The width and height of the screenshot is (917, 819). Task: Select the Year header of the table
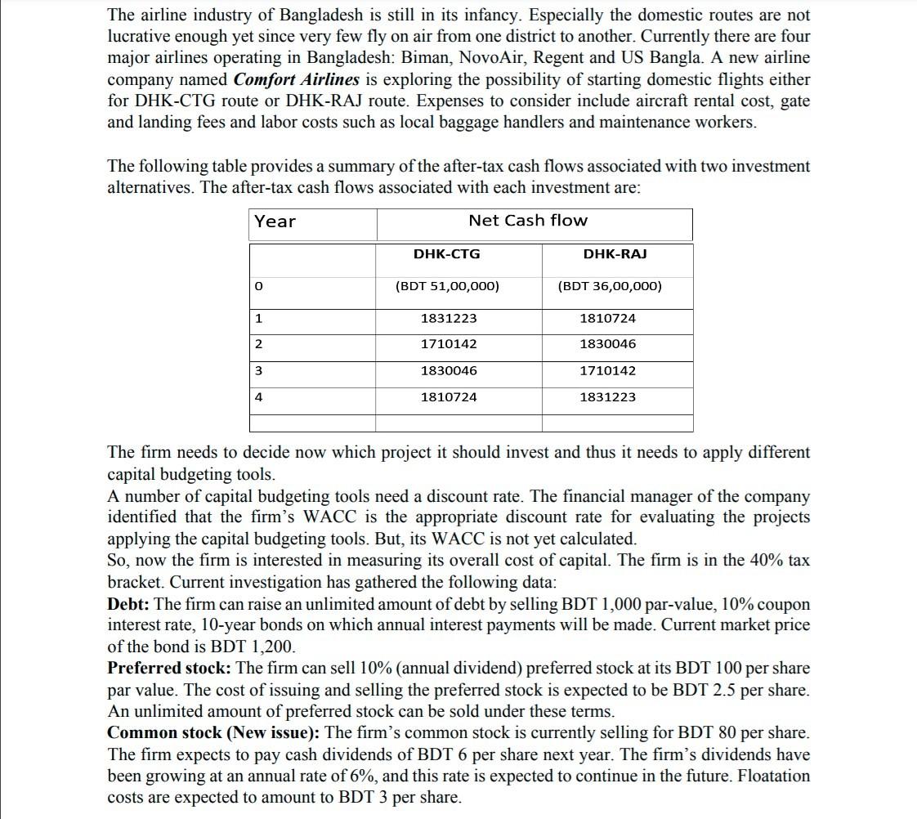(275, 222)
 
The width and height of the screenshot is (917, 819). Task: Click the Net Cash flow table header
(527, 221)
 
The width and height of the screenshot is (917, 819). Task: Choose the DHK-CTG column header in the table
(447, 254)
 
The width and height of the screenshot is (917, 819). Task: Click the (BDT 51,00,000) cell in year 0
(447, 287)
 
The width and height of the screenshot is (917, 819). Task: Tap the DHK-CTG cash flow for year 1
(448, 318)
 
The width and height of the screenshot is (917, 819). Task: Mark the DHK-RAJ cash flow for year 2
(607, 344)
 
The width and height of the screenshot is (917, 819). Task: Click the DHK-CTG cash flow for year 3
(448, 370)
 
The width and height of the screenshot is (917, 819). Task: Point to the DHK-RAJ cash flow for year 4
(607, 397)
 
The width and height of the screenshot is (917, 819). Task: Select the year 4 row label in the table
(258, 397)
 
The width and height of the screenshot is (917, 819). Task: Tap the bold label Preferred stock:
(169, 668)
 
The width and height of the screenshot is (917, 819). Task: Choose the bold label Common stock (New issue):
(214, 732)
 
